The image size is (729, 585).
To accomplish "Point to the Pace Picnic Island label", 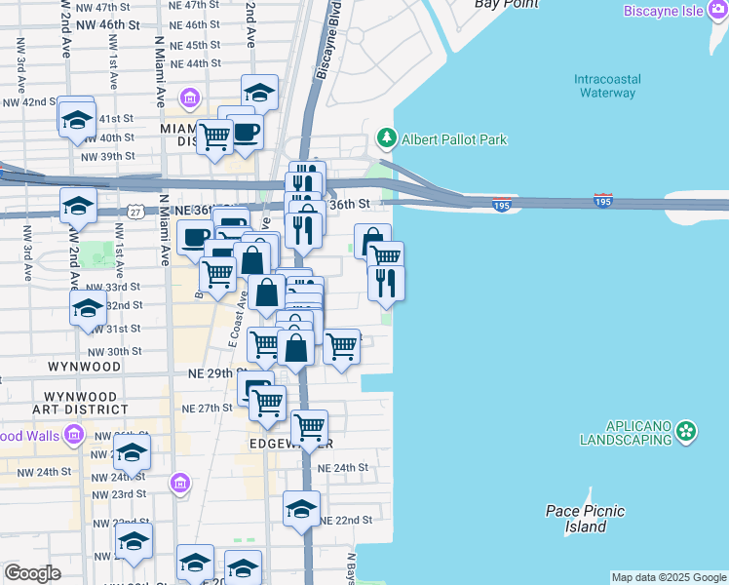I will (585, 519).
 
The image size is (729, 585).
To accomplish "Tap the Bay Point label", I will (506, 4).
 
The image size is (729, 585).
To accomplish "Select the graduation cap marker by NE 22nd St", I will (301, 509).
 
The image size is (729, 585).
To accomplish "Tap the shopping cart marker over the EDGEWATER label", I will (309, 426).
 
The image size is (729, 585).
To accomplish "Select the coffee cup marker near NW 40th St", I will (245, 133).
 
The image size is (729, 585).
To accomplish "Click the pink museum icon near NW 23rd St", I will (179, 483).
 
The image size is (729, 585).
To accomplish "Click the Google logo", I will (33, 574).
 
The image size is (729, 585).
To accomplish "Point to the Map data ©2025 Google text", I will (668, 577).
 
